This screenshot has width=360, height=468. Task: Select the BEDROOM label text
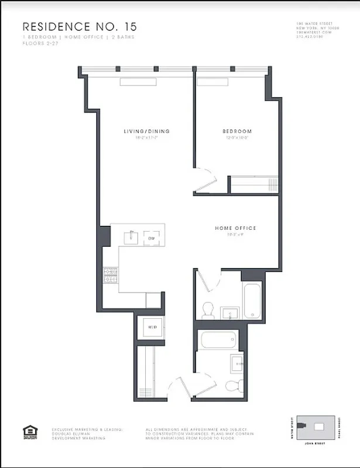tap(236, 131)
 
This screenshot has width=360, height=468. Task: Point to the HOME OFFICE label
tap(235, 228)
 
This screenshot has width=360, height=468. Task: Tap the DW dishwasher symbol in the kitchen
tap(151, 238)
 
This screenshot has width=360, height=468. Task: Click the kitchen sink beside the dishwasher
tap(131, 237)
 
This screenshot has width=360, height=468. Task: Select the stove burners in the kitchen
tap(111, 275)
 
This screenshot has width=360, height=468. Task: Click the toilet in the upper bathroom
tap(207, 310)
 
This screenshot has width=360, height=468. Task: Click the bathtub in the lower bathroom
tap(217, 340)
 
